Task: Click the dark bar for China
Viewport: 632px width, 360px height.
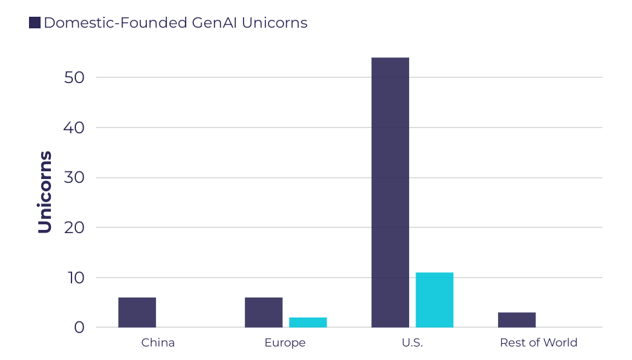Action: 137,312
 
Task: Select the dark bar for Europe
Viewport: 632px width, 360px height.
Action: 263,312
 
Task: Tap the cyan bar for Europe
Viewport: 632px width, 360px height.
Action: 308,322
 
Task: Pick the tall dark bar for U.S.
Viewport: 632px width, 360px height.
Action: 390,193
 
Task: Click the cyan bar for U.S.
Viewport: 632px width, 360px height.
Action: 434,300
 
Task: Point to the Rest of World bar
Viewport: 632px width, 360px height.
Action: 517,320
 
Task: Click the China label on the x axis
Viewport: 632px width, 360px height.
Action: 158,343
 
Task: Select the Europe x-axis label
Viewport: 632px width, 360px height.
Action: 285,343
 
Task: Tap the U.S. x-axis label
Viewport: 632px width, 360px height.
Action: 412,343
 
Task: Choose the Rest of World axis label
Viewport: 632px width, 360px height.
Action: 539,343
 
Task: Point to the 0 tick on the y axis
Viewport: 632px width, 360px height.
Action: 79,328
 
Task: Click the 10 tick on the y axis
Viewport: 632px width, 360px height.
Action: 74,278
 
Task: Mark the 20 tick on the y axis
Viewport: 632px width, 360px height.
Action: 74,228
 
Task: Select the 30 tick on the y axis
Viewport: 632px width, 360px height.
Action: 74,178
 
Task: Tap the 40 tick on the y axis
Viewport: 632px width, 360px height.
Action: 74,128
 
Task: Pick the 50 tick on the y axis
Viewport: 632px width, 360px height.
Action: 74,78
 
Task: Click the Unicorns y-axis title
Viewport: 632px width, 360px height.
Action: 44,192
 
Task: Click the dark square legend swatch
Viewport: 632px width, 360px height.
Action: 35,23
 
